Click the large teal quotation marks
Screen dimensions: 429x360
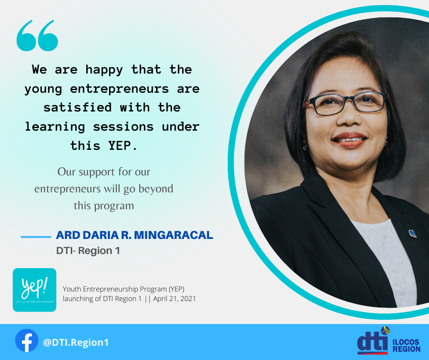(x=37, y=35)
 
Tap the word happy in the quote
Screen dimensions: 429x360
(x=104, y=70)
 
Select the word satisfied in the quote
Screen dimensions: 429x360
(x=78, y=107)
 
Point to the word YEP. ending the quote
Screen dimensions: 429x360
(x=123, y=146)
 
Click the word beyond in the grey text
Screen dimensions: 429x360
(x=156, y=189)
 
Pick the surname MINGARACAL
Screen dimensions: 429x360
(x=173, y=235)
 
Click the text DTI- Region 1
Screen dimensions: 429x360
(x=88, y=251)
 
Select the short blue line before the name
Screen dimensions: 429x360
(x=36, y=237)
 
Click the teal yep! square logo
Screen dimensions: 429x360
(x=35, y=290)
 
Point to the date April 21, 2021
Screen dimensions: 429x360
(x=174, y=299)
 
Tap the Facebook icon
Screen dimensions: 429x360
(x=26, y=340)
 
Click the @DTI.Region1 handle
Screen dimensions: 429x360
(x=76, y=343)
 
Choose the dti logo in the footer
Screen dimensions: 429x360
(x=373, y=340)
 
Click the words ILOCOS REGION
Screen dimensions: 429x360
(x=406, y=345)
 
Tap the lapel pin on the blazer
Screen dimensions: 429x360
(x=412, y=234)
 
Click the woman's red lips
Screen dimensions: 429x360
(x=350, y=140)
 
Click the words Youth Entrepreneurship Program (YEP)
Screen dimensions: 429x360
(x=123, y=289)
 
